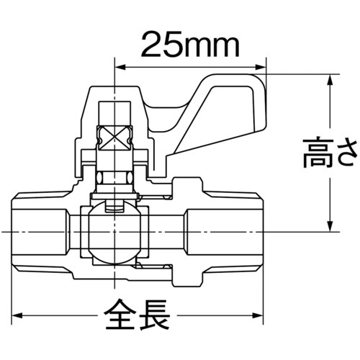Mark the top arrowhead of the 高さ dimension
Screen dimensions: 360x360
(330, 77)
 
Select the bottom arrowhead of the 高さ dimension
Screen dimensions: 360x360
(330, 227)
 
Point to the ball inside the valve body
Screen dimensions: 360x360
(114, 231)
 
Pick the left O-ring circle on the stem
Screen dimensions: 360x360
(101, 177)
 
